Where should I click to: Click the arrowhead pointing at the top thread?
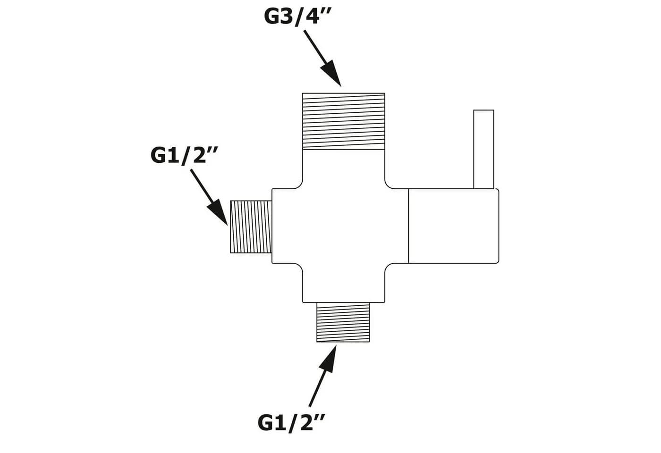[331, 73]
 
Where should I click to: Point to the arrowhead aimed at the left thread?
[218, 212]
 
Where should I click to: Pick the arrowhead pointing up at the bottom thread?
[329, 359]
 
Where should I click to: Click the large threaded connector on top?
[344, 121]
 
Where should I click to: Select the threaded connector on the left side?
[251, 226]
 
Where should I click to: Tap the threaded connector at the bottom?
[343, 322]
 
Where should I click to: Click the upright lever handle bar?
[483, 149]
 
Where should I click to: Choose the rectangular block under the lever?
[454, 226]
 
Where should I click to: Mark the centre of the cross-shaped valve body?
[344, 226]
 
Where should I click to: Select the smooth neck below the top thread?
[344, 169]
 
